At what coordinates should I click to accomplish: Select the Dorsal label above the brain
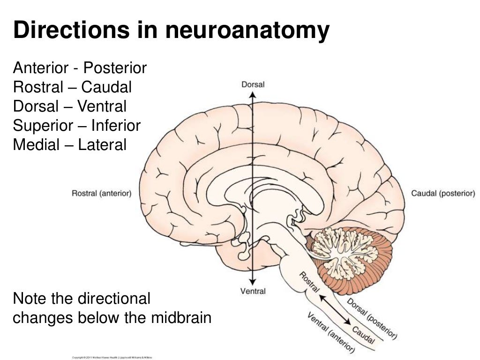point(253,85)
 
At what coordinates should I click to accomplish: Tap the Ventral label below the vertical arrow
point(253,291)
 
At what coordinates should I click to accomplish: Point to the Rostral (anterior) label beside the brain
point(101,193)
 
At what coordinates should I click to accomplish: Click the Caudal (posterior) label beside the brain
point(443,193)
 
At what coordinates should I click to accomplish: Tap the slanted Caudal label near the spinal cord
point(363,336)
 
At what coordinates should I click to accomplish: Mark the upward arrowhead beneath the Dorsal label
point(252,94)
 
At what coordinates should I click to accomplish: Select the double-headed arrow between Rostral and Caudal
point(336,309)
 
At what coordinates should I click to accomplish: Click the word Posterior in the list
point(115,68)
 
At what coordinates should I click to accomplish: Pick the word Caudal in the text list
point(106,87)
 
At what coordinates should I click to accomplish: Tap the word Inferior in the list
point(116,126)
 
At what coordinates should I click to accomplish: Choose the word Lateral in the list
point(102,145)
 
